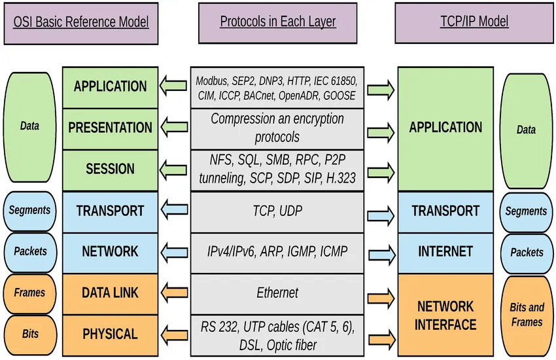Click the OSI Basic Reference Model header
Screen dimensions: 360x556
coord(82,22)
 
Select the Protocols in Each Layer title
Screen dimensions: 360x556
coord(277,22)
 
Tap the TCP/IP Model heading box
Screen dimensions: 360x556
coord(474,22)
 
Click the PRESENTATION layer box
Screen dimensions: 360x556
coord(110,128)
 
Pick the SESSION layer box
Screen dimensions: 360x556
coord(110,169)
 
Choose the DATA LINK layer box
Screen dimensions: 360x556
coord(110,293)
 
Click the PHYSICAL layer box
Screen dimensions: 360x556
coord(110,334)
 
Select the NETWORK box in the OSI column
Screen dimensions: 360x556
coord(110,251)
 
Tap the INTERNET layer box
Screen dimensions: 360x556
coord(445,251)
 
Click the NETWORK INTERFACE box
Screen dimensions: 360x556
coord(445,315)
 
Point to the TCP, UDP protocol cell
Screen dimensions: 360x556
coord(277,211)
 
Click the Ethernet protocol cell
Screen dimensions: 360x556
coord(277,293)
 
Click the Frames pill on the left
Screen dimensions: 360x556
coord(29,293)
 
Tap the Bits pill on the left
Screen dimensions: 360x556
coord(29,334)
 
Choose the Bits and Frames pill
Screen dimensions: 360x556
coord(527,315)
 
